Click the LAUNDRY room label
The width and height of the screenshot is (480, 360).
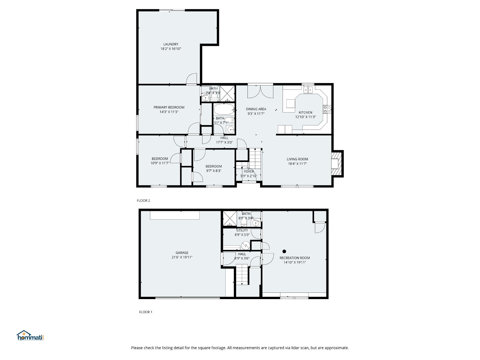(x=171, y=44)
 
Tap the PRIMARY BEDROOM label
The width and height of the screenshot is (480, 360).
(x=169, y=107)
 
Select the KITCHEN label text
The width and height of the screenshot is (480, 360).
(x=305, y=112)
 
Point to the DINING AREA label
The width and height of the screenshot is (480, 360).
(x=256, y=109)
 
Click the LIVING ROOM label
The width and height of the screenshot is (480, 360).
(x=297, y=159)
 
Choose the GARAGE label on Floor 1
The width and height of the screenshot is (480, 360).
(x=182, y=253)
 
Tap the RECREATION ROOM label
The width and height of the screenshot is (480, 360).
(x=295, y=258)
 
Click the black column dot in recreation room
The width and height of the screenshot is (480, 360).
(x=284, y=251)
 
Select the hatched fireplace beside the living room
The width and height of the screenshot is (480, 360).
(x=337, y=164)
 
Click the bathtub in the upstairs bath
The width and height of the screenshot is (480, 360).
(x=224, y=109)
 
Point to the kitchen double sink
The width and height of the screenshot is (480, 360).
(x=308, y=90)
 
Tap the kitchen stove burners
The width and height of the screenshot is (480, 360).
(x=327, y=109)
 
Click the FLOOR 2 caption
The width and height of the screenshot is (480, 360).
(x=143, y=201)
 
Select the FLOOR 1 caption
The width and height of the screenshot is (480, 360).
(x=145, y=312)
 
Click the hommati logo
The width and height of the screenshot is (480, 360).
(x=30, y=335)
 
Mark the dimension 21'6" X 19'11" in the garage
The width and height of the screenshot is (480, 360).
(x=182, y=257)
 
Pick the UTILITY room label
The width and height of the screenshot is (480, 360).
(x=242, y=230)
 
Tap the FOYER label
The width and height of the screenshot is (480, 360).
(x=249, y=172)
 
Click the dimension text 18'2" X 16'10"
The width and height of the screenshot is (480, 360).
(x=171, y=49)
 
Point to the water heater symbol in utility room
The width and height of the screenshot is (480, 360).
(x=246, y=245)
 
